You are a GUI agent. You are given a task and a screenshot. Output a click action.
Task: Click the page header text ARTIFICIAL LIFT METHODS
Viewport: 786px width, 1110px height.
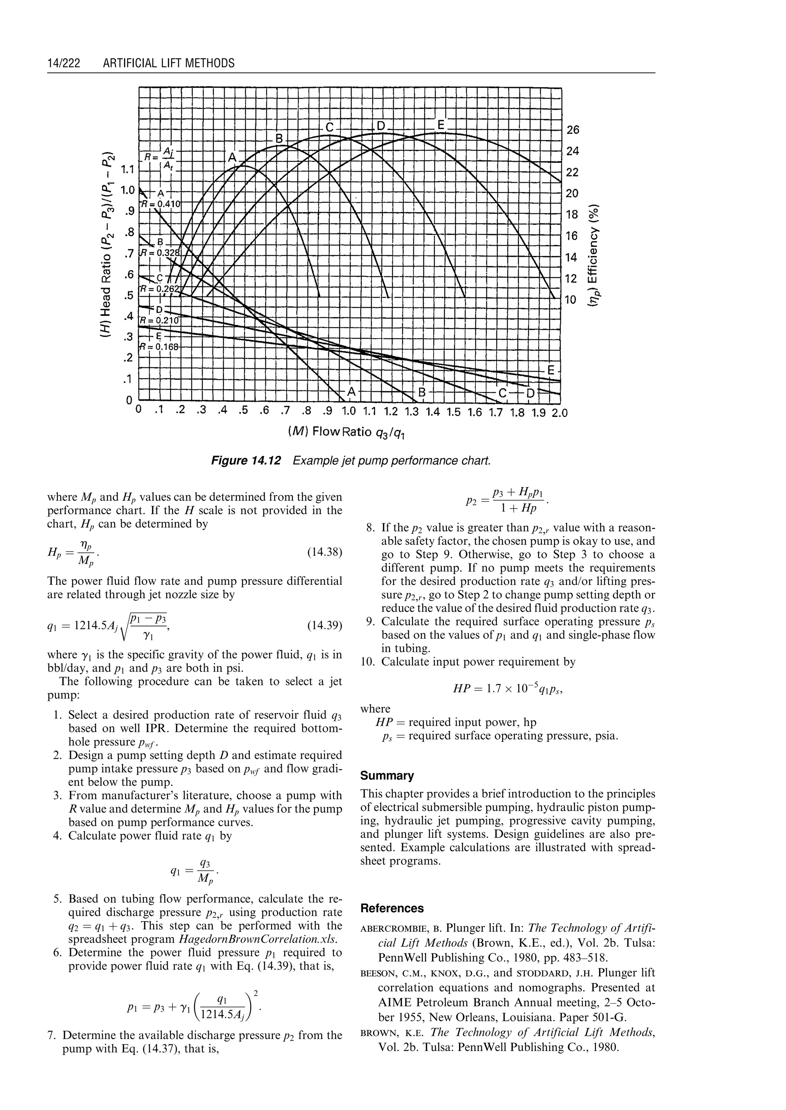pyautogui.click(x=168, y=63)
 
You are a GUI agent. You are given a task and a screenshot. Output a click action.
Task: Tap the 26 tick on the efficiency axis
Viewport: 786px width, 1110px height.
pyautogui.click(x=573, y=130)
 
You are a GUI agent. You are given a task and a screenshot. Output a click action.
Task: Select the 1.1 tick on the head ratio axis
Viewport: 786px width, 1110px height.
pyautogui.click(x=128, y=169)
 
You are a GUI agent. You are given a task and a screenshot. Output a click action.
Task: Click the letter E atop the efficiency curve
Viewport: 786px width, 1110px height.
pyautogui.click(x=441, y=125)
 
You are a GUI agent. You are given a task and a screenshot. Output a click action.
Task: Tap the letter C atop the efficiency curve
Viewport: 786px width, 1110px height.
pyautogui.click(x=330, y=127)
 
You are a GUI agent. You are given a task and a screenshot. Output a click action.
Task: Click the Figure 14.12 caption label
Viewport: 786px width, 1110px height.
pyautogui.click(x=246, y=460)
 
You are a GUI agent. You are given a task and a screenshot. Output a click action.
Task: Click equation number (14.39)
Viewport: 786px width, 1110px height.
pyautogui.click(x=325, y=626)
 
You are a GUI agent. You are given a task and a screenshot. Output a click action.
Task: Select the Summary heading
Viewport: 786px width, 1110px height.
pyautogui.click(x=387, y=775)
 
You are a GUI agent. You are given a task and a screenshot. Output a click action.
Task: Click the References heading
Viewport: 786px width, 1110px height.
pyautogui.click(x=392, y=908)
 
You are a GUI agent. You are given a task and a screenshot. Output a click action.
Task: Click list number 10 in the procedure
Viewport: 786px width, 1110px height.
pyautogui.click(x=368, y=662)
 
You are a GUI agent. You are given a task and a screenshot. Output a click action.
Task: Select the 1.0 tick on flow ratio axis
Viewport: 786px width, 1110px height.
pyautogui.click(x=348, y=413)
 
